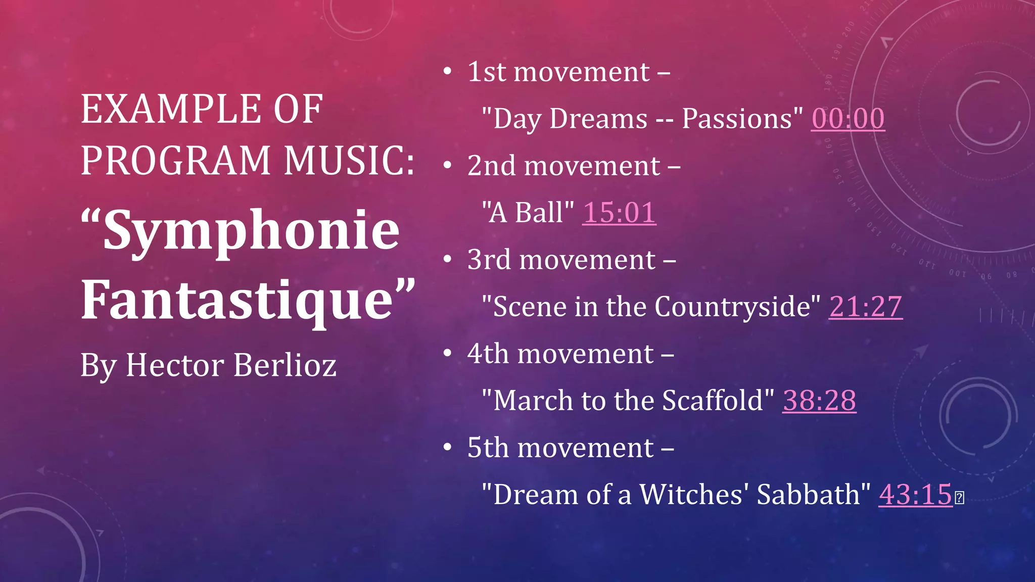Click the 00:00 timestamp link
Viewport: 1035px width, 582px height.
point(848,119)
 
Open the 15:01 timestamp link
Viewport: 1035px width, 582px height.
point(619,213)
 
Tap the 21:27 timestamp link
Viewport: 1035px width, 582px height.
point(865,307)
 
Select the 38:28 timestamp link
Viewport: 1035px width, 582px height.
point(819,401)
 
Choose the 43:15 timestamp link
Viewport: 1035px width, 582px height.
point(915,495)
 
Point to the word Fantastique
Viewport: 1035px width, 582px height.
point(238,301)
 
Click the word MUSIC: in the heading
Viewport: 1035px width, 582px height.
point(349,161)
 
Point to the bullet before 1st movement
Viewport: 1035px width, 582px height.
point(447,72)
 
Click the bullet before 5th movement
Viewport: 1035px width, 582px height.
point(447,448)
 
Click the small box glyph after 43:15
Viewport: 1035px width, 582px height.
point(959,498)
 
